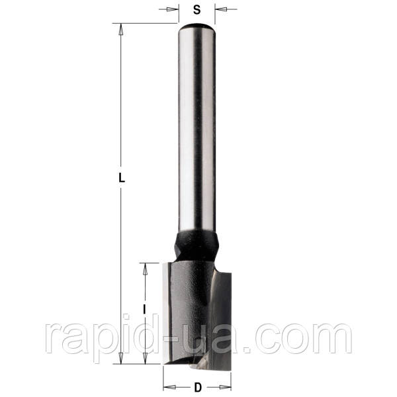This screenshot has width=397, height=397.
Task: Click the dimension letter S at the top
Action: coord(197,10)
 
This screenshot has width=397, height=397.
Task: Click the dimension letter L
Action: coord(122,178)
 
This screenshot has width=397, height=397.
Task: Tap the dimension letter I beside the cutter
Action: coord(144,309)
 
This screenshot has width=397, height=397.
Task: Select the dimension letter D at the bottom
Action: coord(198,387)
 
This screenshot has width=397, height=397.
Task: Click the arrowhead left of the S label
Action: coord(173,9)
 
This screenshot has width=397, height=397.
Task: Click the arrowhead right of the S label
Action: coord(221,9)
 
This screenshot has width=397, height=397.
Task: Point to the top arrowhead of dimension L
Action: coord(121,29)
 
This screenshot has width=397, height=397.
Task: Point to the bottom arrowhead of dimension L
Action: coord(121,358)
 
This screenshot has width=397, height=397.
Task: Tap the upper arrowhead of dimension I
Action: coord(145,269)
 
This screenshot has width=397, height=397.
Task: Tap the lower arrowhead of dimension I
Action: coord(145,358)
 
